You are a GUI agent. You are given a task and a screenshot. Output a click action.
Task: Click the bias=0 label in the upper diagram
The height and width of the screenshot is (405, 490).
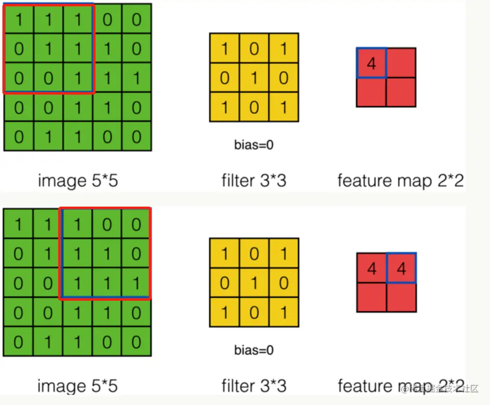254,144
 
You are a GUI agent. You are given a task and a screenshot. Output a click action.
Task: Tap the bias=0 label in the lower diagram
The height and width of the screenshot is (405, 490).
254,350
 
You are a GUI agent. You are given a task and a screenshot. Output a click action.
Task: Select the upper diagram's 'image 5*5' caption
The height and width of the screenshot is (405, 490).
78,181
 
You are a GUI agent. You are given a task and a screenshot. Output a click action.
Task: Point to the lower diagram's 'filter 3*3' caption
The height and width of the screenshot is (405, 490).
254,386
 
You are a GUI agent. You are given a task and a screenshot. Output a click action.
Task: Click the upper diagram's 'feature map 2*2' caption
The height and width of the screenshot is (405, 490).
400,181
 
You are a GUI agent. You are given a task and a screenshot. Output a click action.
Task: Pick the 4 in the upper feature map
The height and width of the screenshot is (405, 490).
372,63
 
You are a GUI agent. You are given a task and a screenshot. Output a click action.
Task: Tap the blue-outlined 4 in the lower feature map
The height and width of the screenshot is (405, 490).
401,268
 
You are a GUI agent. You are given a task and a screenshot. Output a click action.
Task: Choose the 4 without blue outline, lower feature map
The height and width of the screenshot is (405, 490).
372,268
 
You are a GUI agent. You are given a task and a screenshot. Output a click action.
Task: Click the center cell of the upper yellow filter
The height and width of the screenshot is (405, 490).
254,78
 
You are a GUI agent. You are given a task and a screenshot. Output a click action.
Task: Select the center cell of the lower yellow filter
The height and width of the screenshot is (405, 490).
254,283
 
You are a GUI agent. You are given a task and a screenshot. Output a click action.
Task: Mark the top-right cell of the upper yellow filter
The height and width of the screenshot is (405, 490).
284,49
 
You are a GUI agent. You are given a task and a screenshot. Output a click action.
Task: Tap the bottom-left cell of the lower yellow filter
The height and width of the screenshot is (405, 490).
224,312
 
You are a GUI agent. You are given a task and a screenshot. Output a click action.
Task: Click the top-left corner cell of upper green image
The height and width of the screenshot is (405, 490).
19,19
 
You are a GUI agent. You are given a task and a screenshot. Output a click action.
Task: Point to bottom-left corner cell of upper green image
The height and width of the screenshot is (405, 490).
19,136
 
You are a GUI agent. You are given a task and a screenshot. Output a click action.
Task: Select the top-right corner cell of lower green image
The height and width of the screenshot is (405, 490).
136,225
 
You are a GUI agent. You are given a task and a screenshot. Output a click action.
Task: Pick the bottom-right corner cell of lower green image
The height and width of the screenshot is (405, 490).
136,342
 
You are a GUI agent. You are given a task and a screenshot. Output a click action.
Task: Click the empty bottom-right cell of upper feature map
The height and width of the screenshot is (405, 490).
401,92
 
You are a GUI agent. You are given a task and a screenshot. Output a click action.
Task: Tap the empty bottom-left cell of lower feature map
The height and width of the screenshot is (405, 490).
372,297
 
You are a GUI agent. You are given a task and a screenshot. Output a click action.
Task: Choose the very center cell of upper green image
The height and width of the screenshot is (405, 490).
78,78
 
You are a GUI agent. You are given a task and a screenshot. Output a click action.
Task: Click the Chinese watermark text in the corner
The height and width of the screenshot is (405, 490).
443,389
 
